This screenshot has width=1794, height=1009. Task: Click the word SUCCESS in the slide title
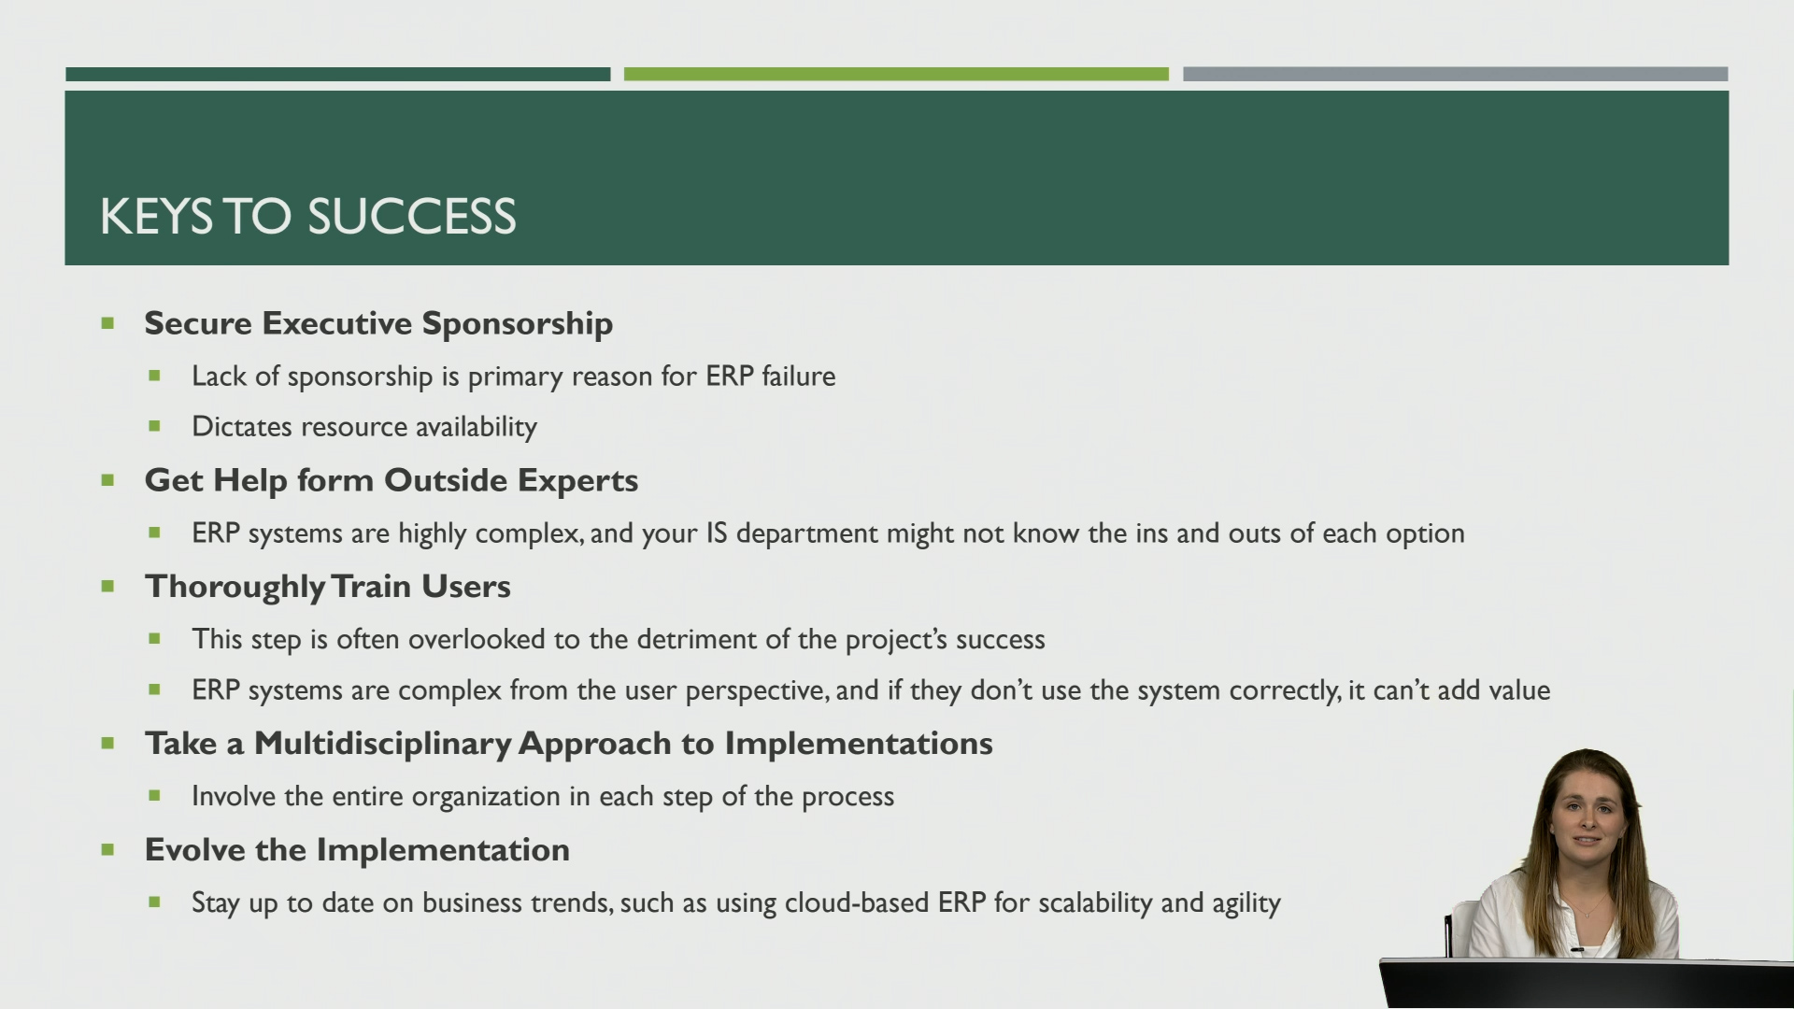tap(411, 217)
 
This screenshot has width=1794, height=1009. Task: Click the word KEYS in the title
tap(156, 217)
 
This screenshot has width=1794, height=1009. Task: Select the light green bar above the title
tap(896, 74)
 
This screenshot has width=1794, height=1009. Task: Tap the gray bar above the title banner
tap(1455, 74)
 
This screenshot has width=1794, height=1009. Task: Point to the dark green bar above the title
tap(337, 74)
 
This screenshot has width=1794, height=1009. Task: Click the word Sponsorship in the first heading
tap(517, 324)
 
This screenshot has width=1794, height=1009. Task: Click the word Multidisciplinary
tap(382, 744)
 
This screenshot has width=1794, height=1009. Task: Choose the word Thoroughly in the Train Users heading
tap(235, 588)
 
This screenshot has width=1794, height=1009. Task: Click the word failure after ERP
tap(798, 377)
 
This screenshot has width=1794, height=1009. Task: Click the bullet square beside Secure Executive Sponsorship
tap(107, 324)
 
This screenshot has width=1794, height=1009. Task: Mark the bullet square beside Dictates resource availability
tap(154, 427)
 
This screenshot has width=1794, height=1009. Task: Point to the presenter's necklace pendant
tap(1583, 913)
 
